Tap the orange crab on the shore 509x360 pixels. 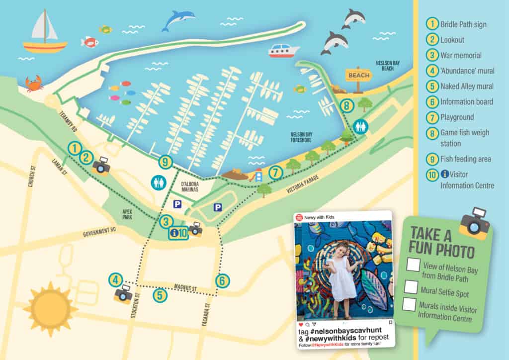pos(34,84)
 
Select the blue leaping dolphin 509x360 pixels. pos(178,20)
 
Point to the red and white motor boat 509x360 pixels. pos(284,50)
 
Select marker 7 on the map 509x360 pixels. pos(275,173)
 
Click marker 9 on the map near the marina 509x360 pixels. pos(166,162)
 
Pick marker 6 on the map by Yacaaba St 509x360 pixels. pos(222,280)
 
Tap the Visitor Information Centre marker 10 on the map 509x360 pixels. pos(178,232)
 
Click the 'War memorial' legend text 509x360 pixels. pos(461,55)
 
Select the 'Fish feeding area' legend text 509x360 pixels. pos(465,160)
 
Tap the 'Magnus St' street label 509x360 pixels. pos(186,288)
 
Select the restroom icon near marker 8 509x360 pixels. pos(360,126)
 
